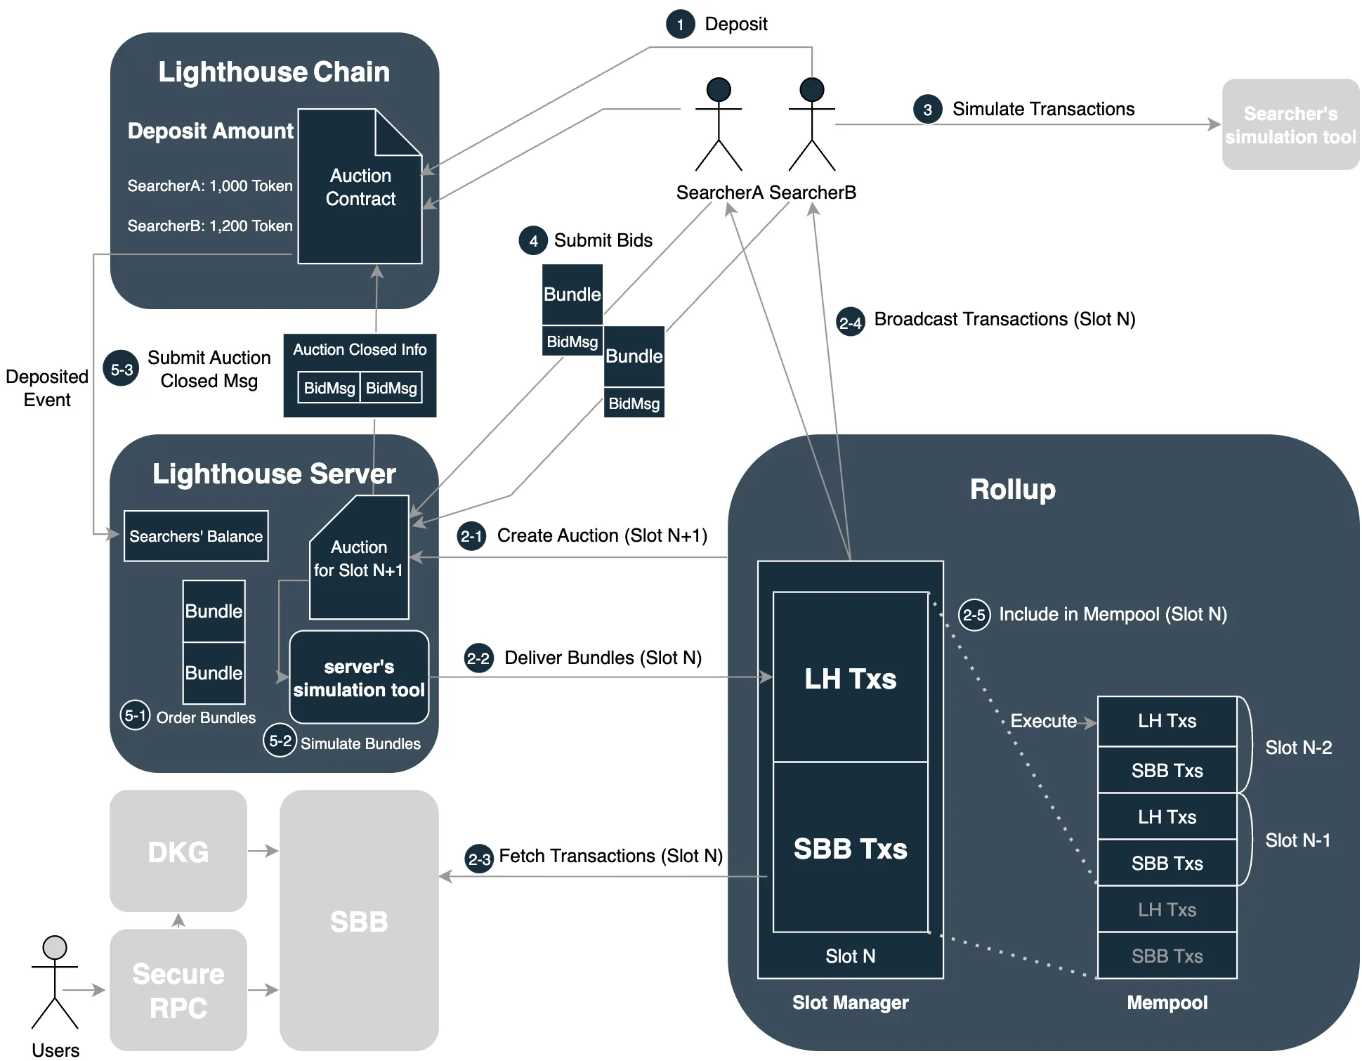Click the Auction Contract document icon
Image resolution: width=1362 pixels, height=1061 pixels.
(x=360, y=187)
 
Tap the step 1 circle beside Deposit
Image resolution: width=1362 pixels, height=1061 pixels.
(x=680, y=25)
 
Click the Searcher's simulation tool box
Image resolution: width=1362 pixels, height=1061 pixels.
(x=1290, y=124)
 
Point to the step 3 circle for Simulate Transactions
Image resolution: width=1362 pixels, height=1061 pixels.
(x=927, y=110)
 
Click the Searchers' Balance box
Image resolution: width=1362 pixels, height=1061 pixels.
(x=196, y=536)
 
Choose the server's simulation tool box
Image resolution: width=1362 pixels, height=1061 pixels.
(x=359, y=677)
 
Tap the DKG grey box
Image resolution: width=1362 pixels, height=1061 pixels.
(x=178, y=851)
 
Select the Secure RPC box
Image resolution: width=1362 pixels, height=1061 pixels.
(x=178, y=990)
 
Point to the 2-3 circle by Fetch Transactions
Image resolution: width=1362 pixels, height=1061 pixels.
(x=479, y=859)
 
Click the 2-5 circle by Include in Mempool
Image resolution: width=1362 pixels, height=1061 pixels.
(x=974, y=616)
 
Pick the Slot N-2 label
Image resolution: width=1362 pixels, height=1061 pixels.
(x=1298, y=748)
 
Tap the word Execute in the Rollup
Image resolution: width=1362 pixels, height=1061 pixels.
(x=1043, y=721)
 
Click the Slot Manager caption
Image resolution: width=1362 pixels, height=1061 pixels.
(x=850, y=1003)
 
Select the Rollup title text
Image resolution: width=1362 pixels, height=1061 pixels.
(x=1012, y=489)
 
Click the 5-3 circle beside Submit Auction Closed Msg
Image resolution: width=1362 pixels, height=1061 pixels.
(x=122, y=370)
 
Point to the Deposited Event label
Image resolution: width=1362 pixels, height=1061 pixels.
(x=47, y=388)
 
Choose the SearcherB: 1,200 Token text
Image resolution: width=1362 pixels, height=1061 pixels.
(x=210, y=226)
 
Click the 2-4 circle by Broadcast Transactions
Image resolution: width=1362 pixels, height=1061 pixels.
(x=850, y=323)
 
